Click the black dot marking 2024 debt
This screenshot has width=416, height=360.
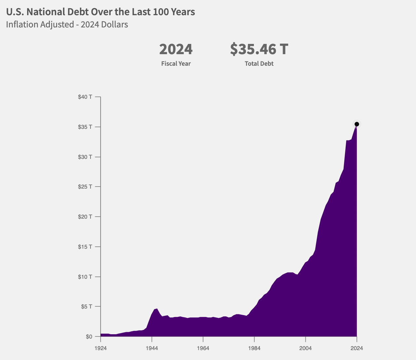point(357,124)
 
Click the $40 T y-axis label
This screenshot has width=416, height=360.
point(85,97)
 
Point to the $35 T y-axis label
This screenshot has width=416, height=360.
point(85,127)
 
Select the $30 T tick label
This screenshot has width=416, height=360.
point(85,157)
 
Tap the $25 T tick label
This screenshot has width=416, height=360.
point(85,187)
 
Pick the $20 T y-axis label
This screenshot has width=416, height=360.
point(85,217)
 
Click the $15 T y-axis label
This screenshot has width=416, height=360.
point(85,247)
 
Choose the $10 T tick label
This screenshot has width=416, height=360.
point(85,277)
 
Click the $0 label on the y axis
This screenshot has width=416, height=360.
point(89,337)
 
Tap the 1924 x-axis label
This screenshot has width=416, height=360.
point(100,348)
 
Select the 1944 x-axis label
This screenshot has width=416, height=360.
point(152,348)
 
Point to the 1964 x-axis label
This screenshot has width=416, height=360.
point(203,348)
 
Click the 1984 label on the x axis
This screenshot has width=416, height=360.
point(254,348)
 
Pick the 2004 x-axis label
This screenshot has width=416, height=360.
point(305,348)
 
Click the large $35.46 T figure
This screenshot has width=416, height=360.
point(259,49)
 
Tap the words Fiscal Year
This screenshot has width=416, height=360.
point(176,64)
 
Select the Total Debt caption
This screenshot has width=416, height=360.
point(259,64)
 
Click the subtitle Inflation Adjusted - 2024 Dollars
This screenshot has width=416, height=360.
point(67,24)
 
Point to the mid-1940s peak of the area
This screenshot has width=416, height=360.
point(157,309)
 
